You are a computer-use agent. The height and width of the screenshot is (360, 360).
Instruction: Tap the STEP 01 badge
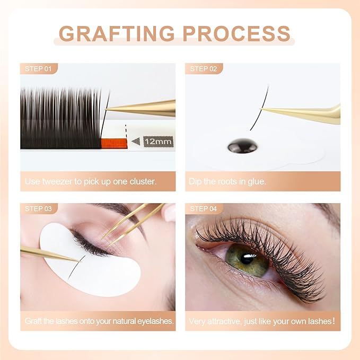[39, 68]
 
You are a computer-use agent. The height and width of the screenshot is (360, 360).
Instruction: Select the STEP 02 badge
[204, 68]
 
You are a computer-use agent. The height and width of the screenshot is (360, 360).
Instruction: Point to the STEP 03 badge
[39, 208]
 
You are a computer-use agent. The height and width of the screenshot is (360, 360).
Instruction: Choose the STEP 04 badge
[204, 208]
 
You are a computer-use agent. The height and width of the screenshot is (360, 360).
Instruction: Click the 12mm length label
[157, 142]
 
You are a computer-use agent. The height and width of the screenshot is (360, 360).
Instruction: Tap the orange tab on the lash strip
[113, 143]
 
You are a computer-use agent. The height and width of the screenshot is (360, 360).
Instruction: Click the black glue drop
[243, 146]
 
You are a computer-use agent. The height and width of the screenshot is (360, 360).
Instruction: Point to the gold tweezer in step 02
[308, 112]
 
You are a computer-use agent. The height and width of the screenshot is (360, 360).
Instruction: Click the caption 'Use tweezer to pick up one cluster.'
[91, 181]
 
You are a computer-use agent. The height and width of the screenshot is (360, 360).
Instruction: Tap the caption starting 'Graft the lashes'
[98, 321]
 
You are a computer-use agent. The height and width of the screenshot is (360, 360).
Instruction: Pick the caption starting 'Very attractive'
[262, 321]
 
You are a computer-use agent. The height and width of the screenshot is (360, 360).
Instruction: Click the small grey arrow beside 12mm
[136, 142]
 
